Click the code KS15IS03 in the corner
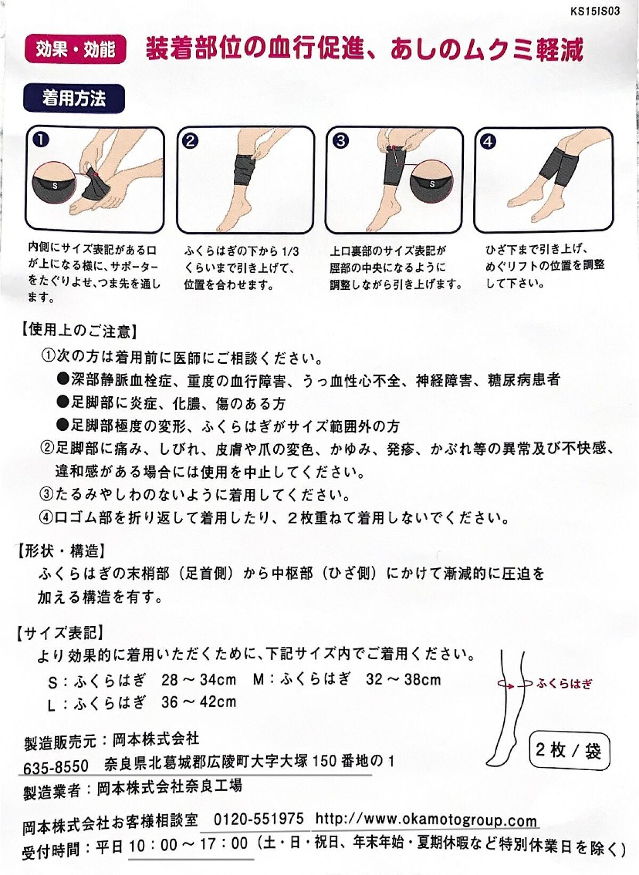(595, 11)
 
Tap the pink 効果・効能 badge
(75, 49)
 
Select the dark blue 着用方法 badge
(74, 98)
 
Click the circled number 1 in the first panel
(40, 140)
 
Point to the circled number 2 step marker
(190, 141)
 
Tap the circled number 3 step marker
(340, 141)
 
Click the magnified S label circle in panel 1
(56, 185)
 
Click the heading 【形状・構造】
(61, 551)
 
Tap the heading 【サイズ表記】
(60, 632)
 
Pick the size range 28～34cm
(199, 680)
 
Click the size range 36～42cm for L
(199, 702)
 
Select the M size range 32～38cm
(403, 679)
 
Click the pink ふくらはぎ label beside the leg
(564, 684)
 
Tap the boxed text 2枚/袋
(569, 751)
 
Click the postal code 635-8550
(56, 766)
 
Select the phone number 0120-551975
(258, 819)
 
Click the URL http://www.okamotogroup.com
(426, 819)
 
